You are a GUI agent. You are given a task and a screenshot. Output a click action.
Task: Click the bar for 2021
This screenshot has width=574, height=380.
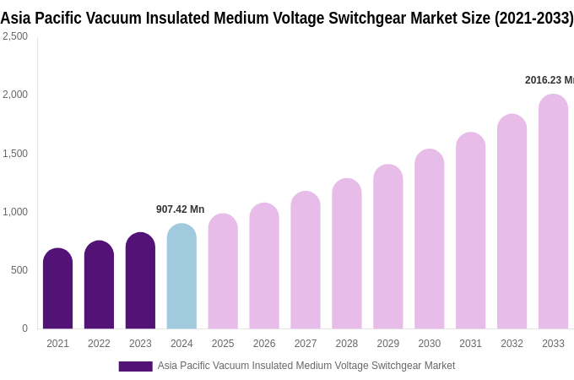tap(57, 289)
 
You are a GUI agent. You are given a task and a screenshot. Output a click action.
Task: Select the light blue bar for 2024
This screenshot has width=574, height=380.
tap(181, 276)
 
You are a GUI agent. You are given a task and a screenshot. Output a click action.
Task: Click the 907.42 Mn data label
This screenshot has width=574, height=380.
tap(180, 209)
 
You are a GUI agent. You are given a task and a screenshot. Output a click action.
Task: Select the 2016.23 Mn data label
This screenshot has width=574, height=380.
tap(549, 80)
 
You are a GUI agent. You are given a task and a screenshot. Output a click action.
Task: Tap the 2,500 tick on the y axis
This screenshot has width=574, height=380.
tap(14, 36)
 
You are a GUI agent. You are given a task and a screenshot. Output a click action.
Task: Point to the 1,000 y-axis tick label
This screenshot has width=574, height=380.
tap(14, 212)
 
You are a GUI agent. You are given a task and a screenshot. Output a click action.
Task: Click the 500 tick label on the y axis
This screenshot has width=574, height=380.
tap(19, 270)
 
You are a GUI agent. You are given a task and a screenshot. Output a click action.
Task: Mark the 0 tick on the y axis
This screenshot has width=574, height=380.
tap(24, 328)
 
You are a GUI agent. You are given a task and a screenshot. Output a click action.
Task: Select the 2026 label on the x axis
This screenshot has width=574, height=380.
tap(264, 344)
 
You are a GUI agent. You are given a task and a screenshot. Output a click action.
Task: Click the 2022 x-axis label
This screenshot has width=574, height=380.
tap(99, 344)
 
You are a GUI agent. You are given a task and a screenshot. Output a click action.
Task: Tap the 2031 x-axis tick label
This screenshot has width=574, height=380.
tap(470, 344)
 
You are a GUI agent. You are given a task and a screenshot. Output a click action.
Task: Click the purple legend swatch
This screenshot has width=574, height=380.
tap(135, 366)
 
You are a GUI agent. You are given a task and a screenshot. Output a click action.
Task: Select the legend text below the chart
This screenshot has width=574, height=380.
tap(306, 366)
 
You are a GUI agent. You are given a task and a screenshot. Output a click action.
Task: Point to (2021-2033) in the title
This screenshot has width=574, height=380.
tap(533, 18)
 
